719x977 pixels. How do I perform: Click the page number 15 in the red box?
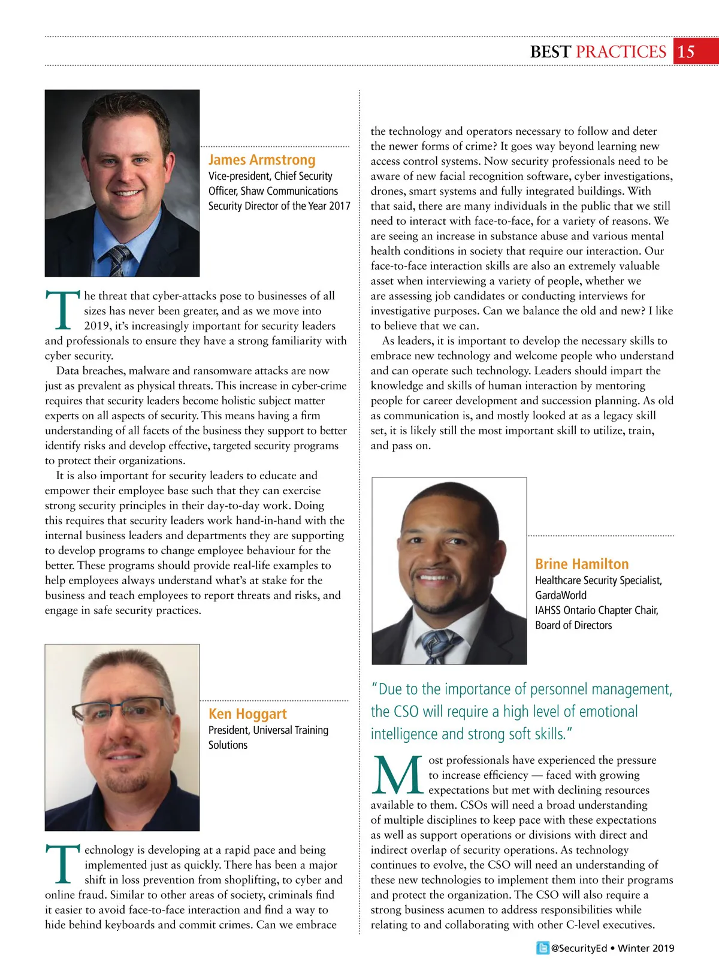[686, 52]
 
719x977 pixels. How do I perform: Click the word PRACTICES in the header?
[621, 52]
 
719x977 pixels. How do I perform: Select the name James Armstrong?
[262, 160]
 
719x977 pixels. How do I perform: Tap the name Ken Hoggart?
[247, 713]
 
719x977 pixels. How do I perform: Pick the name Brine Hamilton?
[582, 564]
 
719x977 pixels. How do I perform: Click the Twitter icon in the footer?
[542, 948]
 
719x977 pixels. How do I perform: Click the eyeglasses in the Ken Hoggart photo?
[120, 710]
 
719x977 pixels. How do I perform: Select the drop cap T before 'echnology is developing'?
[62, 864]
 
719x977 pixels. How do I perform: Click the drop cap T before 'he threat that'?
[62, 310]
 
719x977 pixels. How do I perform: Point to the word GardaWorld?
[561, 595]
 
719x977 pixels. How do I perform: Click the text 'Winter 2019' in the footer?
[646, 948]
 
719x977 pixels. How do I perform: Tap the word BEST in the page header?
[550, 52]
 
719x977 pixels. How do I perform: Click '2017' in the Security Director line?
[340, 206]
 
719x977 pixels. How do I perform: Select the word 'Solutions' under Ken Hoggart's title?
[228, 745]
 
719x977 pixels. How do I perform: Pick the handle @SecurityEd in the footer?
[579, 948]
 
